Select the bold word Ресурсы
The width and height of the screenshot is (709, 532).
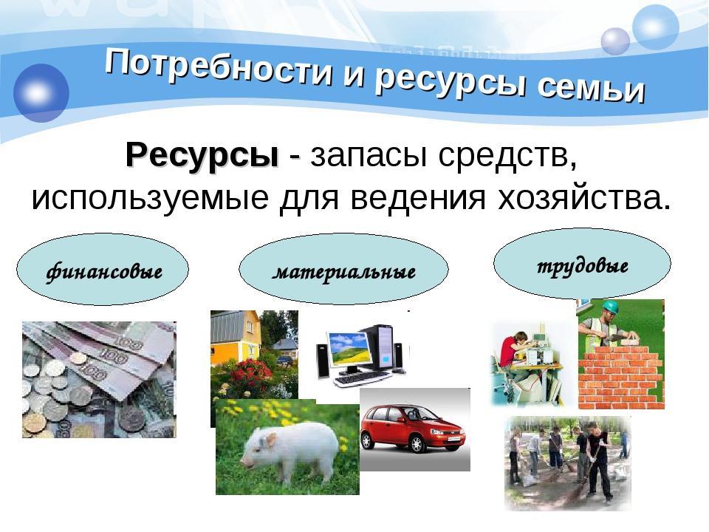point(202,156)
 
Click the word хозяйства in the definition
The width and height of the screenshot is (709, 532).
point(583,197)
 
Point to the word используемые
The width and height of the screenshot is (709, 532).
point(150,199)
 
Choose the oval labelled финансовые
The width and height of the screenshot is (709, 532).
point(103,270)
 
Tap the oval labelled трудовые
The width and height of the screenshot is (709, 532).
point(582,263)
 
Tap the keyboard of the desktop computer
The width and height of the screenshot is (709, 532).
point(360,379)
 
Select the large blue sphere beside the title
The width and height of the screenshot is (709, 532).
point(41,93)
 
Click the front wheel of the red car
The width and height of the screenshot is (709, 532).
point(417,444)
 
